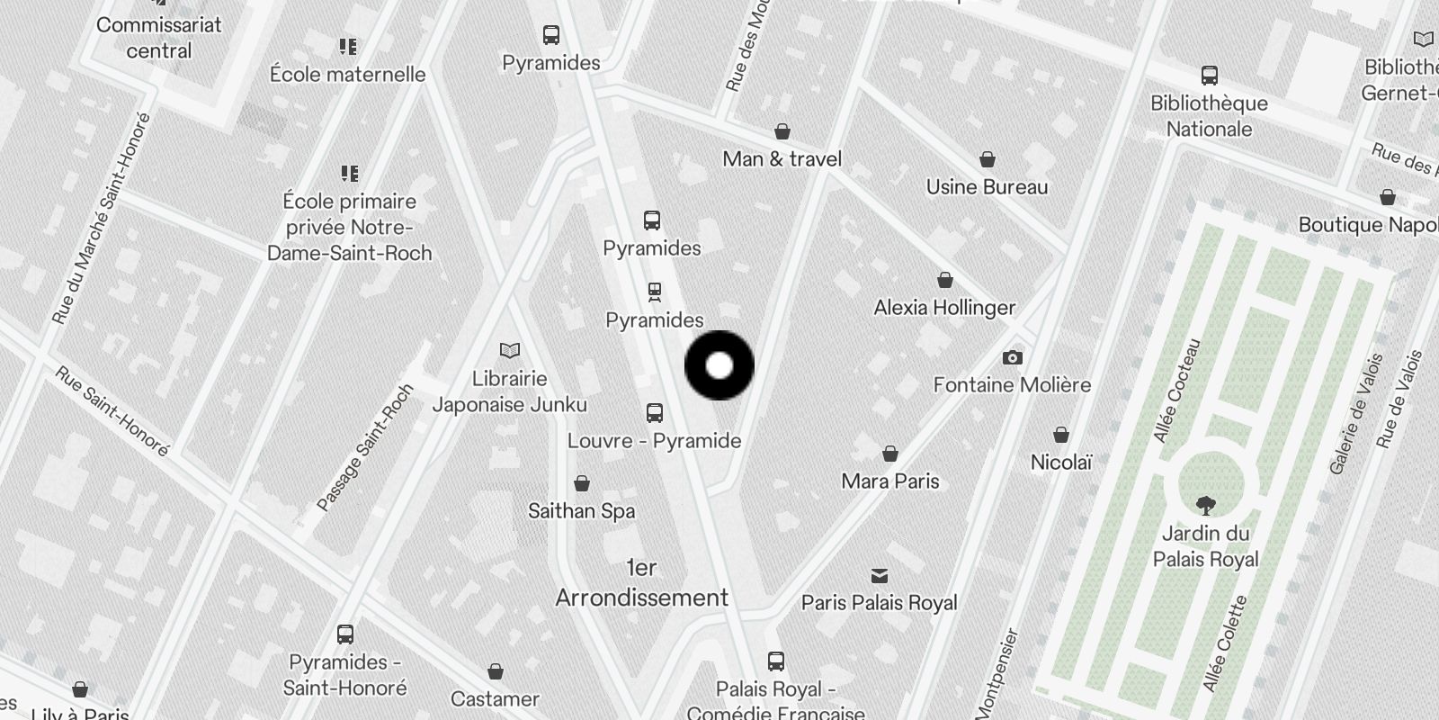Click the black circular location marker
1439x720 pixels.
point(719,365)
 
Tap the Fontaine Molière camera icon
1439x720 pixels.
point(1012,358)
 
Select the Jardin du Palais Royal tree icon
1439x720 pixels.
point(1205,506)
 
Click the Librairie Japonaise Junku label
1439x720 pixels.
point(510,391)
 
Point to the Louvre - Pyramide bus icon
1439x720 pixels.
point(655,414)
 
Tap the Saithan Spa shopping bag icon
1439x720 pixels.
point(582,484)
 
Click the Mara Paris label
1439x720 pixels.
point(890,481)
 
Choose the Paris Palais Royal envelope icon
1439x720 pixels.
point(880,576)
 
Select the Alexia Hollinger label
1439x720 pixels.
point(944,308)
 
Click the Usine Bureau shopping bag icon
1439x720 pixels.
point(988,160)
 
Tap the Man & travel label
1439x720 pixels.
point(782,159)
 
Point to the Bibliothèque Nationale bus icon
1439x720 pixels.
point(1210,76)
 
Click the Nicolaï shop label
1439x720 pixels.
point(1061,463)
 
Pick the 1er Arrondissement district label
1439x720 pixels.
point(642,583)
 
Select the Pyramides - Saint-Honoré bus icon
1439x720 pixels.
point(344,634)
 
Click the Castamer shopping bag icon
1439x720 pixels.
point(495,672)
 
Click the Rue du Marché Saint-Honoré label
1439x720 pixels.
point(101,219)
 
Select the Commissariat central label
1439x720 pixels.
point(159,38)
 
